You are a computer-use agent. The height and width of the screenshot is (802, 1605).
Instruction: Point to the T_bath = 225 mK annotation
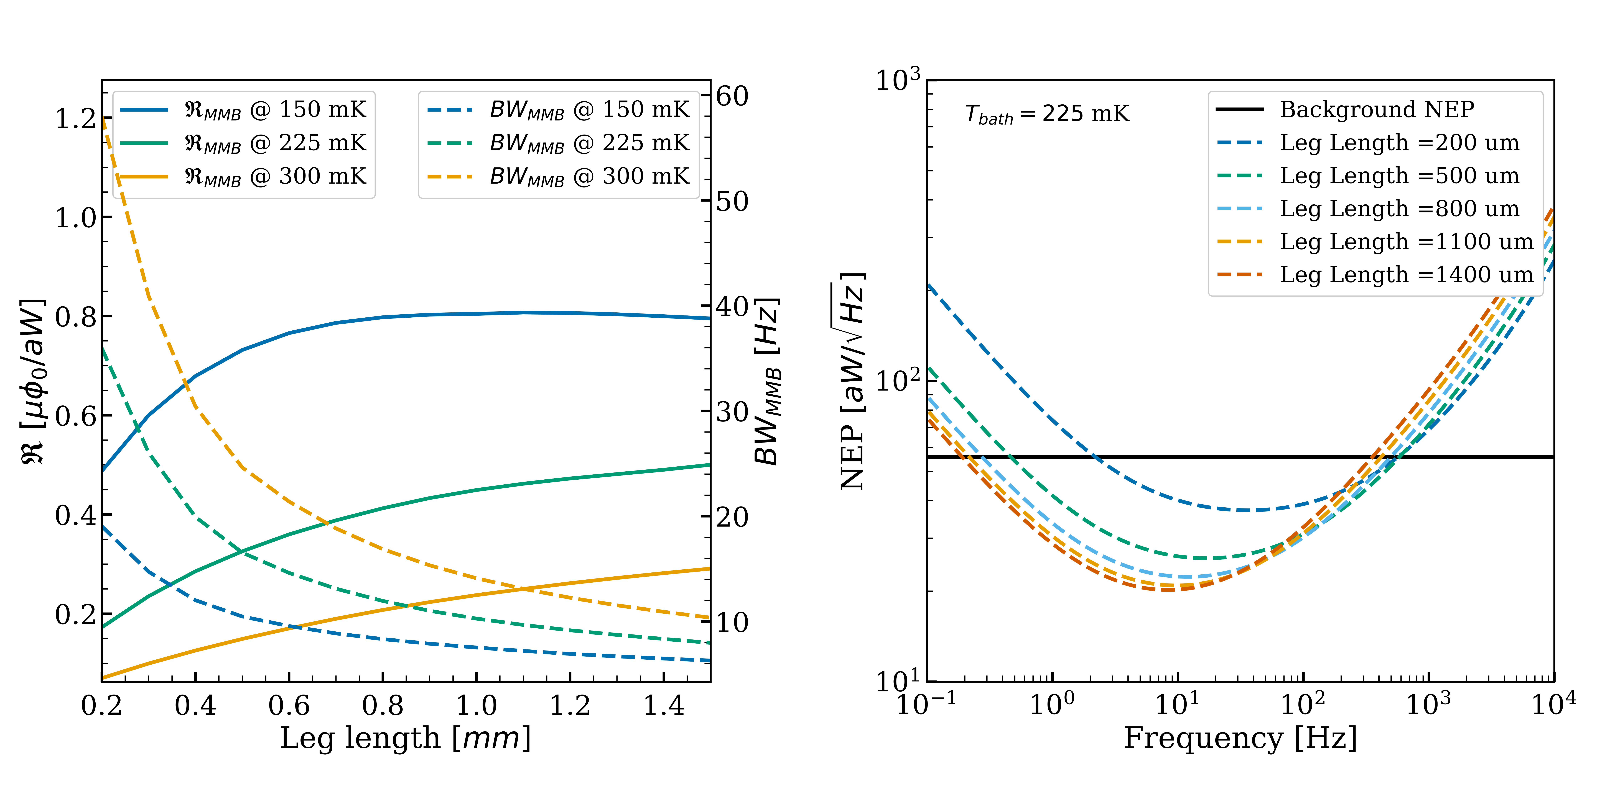tap(1047, 114)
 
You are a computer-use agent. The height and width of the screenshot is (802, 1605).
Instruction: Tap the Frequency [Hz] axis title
tap(1240, 739)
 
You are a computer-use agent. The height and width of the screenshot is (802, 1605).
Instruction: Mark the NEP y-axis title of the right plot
tap(852, 381)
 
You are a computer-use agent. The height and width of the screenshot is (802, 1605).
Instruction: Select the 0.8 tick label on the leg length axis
tap(383, 705)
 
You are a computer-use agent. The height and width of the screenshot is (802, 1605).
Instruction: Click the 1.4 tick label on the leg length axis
tap(664, 705)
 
